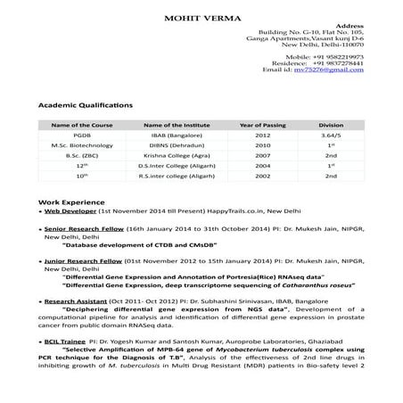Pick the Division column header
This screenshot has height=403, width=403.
pyautogui.click(x=331, y=126)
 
